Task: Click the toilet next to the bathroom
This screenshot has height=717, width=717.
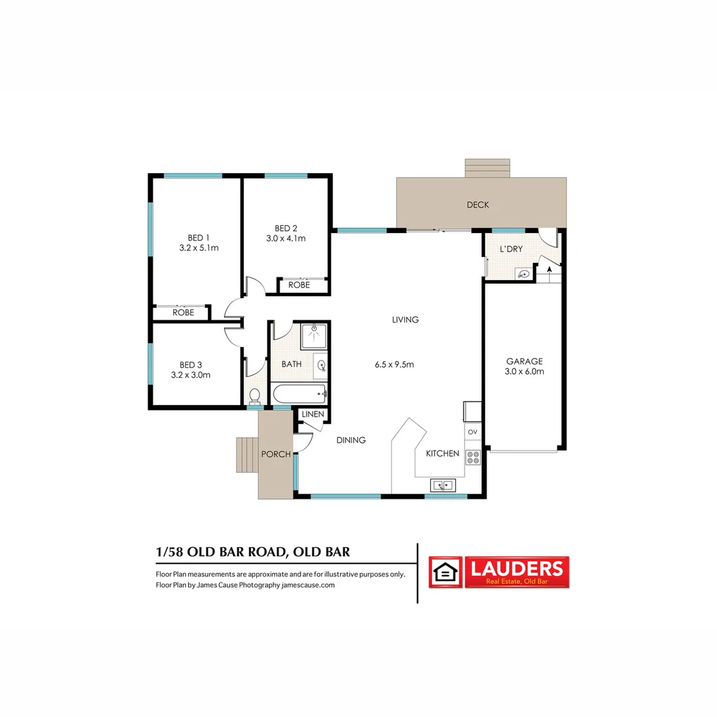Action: pyautogui.click(x=254, y=396)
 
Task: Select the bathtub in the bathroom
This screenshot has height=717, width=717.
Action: pyautogui.click(x=299, y=394)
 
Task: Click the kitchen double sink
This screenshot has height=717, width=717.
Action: pyautogui.click(x=443, y=485)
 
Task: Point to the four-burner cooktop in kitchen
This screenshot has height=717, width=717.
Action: pyautogui.click(x=473, y=457)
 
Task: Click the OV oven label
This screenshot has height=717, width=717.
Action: pyautogui.click(x=473, y=432)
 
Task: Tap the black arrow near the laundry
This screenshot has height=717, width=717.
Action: pyautogui.click(x=548, y=266)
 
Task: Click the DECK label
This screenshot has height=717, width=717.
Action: pyautogui.click(x=477, y=204)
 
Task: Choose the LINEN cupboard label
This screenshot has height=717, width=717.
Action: pyautogui.click(x=313, y=415)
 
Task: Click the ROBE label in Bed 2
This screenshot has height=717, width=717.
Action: pyautogui.click(x=299, y=285)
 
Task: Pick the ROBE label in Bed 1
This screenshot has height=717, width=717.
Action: pyautogui.click(x=183, y=312)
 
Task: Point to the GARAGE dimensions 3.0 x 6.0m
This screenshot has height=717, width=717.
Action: pyautogui.click(x=524, y=372)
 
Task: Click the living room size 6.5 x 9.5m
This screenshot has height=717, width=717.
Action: pyautogui.click(x=394, y=364)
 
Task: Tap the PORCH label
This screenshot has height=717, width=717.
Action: pyautogui.click(x=276, y=454)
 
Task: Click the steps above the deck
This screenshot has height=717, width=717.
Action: pyautogui.click(x=487, y=168)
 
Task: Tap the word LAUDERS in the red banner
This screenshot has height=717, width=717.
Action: pyautogui.click(x=517, y=568)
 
